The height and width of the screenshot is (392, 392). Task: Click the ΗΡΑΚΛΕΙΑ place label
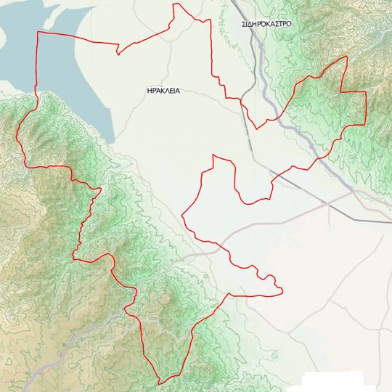163,91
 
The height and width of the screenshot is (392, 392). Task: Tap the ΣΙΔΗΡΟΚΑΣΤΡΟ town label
267,24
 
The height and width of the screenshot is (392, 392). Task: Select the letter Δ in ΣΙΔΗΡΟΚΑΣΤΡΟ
254,24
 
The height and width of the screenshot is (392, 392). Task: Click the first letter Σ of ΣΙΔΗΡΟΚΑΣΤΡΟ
245,24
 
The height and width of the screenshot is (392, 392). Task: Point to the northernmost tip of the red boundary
174,4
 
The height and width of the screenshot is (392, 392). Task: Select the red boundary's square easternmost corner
365,93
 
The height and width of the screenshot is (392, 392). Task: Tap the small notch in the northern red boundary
118,51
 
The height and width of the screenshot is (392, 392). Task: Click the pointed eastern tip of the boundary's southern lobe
282,293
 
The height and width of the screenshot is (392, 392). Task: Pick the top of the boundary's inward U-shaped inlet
213,155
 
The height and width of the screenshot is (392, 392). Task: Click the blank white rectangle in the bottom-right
333,382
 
